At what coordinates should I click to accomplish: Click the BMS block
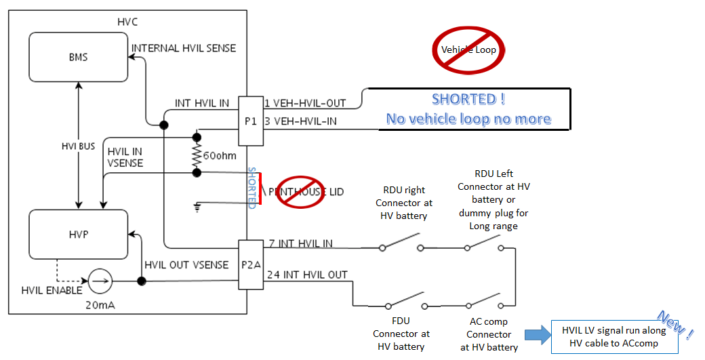pos(79,58)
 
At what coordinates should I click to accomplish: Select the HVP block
pos(79,234)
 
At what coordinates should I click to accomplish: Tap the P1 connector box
pos(250,120)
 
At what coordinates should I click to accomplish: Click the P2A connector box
pos(251,264)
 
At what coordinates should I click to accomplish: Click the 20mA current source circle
pos(100,281)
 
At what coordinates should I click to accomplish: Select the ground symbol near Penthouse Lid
pos(198,205)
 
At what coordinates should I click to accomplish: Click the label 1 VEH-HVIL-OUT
pos(305,103)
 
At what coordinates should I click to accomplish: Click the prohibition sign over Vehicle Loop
pos(468,49)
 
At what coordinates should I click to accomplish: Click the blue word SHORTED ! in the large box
pos(468,99)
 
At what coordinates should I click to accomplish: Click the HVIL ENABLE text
pos(51,290)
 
